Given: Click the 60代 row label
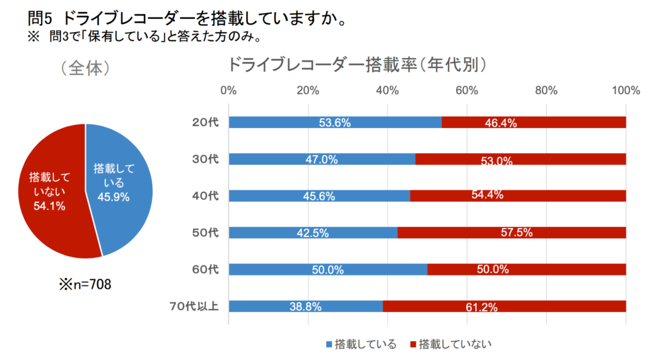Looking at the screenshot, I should click(x=205, y=270).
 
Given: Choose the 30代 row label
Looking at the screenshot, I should click(x=205, y=159).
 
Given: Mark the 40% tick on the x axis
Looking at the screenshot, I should click(x=387, y=90).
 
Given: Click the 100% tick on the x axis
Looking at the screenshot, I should click(x=626, y=90).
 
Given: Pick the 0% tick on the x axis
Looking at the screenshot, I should click(x=228, y=90).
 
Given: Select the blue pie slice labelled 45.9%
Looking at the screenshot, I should click(x=120, y=183).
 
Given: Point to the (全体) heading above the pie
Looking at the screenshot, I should click(x=86, y=68).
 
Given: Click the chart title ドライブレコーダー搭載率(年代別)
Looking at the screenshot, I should click(x=358, y=66).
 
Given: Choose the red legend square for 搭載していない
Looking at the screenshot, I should click(x=414, y=344).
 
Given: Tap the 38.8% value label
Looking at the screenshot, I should click(x=305, y=307).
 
